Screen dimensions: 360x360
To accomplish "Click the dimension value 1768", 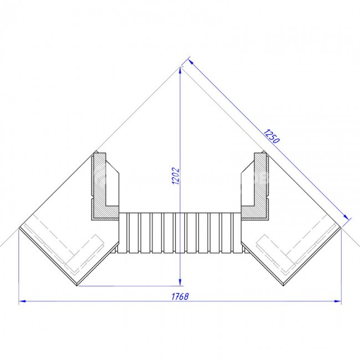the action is (x=180, y=296).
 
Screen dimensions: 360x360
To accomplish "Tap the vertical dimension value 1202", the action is (x=176, y=176).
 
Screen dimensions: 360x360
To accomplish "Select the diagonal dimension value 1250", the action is (x=271, y=136).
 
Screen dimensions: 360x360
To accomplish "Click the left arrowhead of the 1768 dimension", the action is (x=22, y=301).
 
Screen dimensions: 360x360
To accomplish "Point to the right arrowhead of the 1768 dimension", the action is (x=338, y=301).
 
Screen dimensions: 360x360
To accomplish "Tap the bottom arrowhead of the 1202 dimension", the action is (x=180, y=282).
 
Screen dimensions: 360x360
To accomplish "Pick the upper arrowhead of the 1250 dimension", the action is (x=191, y=62).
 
